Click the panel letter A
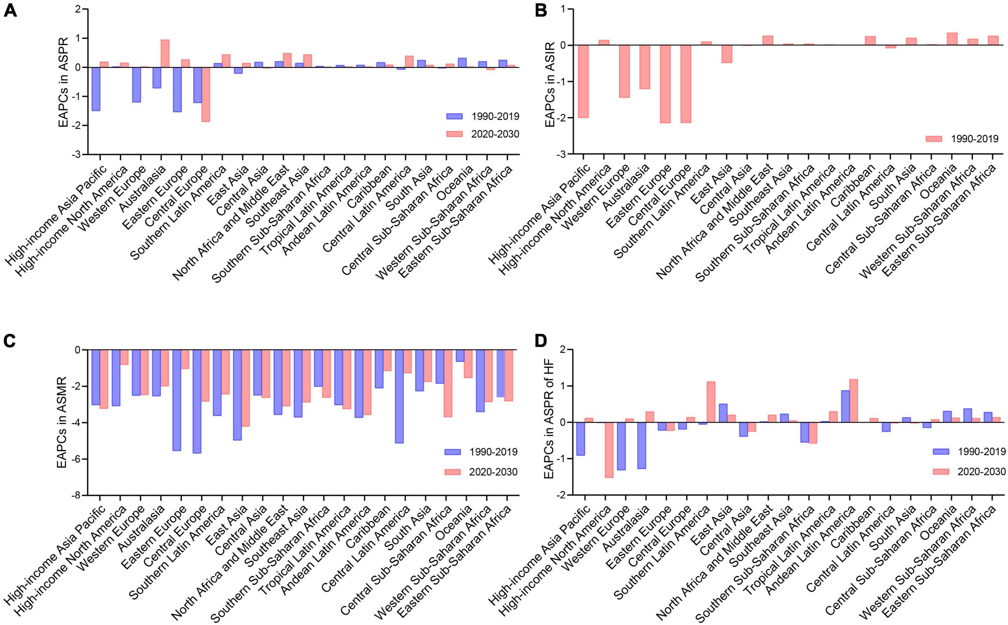(10, 10)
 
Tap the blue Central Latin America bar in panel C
(399, 397)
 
